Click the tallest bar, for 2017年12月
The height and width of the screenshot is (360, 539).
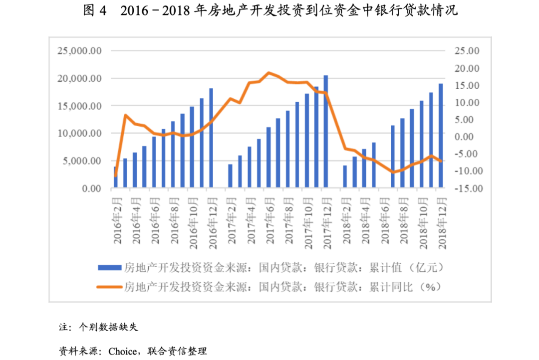(x=326, y=132)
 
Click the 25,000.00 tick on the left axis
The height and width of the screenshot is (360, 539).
(x=80, y=51)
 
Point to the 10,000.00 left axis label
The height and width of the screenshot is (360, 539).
(x=80, y=134)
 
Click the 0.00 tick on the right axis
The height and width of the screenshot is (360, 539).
(x=470, y=137)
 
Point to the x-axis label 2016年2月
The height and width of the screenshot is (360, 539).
(x=117, y=219)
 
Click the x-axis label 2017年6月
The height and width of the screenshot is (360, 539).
(x=270, y=219)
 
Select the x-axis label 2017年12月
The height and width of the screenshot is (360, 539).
(x=327, y=219)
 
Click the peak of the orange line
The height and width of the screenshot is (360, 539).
(x=269, y=73)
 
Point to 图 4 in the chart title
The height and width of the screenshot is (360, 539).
(x=95, y=11)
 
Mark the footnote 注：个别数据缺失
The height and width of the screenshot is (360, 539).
(x=98, y=328)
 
